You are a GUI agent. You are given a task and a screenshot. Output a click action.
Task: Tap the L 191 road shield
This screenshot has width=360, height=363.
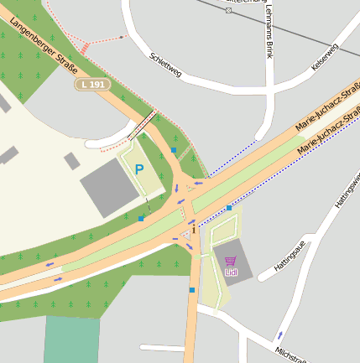tap(91, 85)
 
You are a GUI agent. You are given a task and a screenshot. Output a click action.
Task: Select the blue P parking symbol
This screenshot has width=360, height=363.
tap(139, 169)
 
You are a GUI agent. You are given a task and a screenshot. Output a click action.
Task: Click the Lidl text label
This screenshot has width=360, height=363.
tap(232, 272)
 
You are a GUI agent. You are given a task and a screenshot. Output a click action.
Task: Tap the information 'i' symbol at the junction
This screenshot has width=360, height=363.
tap(194, 228)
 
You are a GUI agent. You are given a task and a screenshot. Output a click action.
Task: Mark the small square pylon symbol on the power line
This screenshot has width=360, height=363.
tap(228, 10)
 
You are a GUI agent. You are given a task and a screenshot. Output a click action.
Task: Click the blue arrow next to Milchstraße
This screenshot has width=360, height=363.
tap(280, 335)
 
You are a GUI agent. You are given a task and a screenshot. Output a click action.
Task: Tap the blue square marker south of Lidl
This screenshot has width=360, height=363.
tap(192, 290)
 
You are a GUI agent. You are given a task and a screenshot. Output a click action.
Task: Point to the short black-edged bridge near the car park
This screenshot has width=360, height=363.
tap(143, 123)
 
